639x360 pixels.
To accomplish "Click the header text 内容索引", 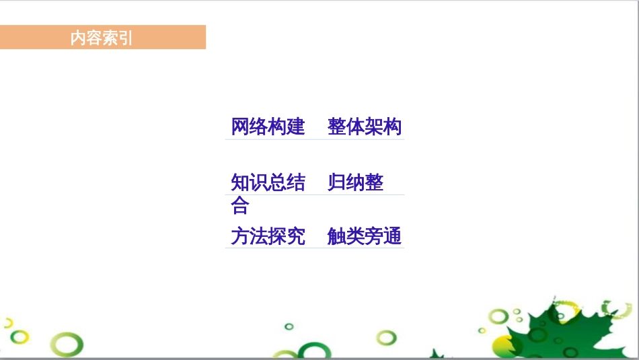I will click(102, 38).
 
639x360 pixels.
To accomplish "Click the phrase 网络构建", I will click(268, 127).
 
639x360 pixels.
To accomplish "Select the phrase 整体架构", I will click(365, 127).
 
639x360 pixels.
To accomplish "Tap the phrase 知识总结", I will click(268, 182).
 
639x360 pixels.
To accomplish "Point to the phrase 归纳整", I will click(355, 182).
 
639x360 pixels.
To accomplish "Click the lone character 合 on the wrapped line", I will click(240, 205).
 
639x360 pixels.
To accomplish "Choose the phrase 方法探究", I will click(268, 236).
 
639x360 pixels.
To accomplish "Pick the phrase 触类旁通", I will click(365, 236).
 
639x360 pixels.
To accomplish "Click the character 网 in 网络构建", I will click(240, 127).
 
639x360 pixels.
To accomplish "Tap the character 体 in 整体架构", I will click(355, 127).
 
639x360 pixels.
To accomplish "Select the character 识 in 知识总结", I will click(259, 182).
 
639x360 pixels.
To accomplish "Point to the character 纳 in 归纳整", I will click(355, 182).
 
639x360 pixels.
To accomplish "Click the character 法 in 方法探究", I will click(259, 236).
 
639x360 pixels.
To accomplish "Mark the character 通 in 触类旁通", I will click(392, 236).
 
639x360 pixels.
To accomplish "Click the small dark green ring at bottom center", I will click(289, 327).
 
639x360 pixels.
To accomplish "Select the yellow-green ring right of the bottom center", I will click(386, 337).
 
